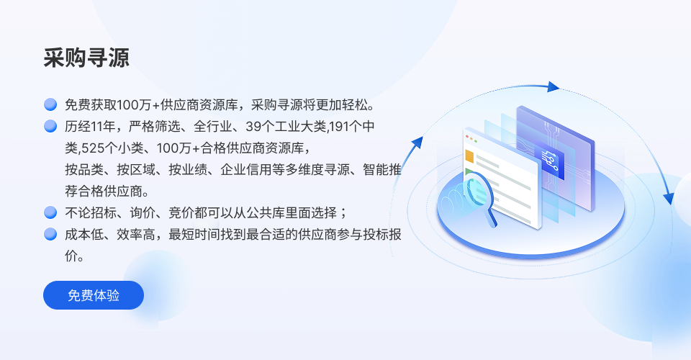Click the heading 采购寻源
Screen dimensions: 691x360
click(x=86, y=58)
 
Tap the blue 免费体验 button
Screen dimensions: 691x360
click(x=94, y=295)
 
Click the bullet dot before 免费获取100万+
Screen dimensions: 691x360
click(x=50, y=104)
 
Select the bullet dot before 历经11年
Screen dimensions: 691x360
click(x=50, y=126)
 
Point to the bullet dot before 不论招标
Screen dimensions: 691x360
click(x=50, y=212)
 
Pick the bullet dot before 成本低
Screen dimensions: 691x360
click(x=50, y=234)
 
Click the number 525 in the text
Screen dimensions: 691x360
click(x=92, y=148)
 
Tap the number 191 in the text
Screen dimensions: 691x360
click(x=339, y=127)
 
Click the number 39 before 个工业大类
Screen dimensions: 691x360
click(x=253, y=127)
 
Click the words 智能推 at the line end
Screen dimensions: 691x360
click(x=382, y=170)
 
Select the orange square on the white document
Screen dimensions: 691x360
click(x=469, y=156)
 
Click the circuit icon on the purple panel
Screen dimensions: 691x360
click(x=550, y=161)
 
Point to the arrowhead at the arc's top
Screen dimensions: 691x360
click(x=553, y=87)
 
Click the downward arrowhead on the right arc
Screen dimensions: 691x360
click(x=669, y=198)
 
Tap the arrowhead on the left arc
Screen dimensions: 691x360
click(x=417, y=143)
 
